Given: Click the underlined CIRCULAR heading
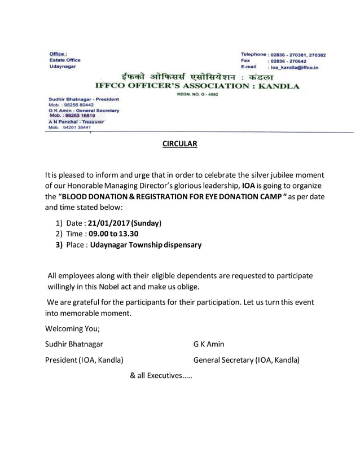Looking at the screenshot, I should pyautogui.click(x=179, y=144).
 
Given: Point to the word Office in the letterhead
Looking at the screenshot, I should pyautogui.click(x=58, y=52).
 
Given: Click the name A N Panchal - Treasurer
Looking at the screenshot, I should pyautogui.click(x=73, y=121).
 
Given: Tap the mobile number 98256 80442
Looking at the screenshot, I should pyautogui.click(x=79, y=105).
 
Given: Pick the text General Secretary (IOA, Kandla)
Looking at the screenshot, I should pyautogui.click(x=247, y=359).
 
